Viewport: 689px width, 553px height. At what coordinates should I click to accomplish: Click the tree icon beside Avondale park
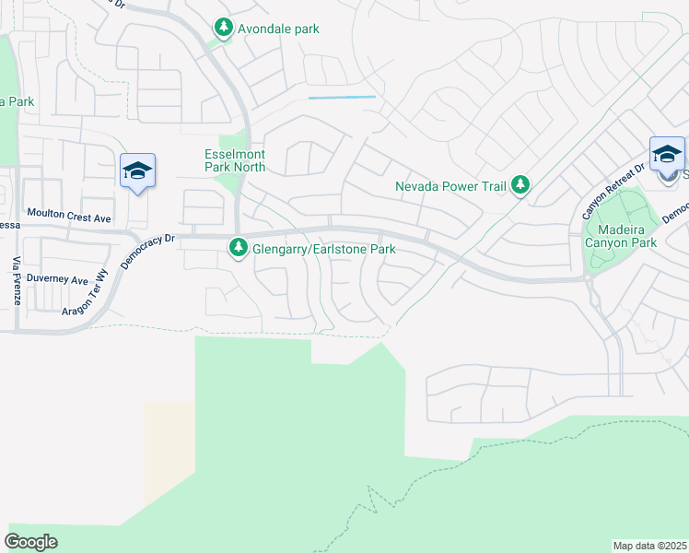click(x=223, y=29)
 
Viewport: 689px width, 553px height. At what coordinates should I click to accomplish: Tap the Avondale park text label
click(x=278, y=29)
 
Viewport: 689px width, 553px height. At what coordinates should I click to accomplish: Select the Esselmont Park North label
click(x=234, y=160)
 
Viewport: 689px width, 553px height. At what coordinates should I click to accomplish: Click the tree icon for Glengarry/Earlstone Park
click(x=239, y=249)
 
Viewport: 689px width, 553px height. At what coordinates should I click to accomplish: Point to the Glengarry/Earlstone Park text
click(x=324, y=249)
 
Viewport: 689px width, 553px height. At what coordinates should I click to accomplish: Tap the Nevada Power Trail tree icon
click(x=520, y=185)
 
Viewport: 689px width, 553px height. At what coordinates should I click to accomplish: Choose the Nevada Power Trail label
click(x=451, y=186)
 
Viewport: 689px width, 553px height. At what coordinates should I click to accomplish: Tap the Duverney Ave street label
click(x=57, y=279)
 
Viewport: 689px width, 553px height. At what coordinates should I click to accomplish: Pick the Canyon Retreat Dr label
click(x=613, y=191)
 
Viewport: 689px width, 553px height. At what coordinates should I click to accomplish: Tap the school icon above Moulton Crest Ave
click(x=137, y=171)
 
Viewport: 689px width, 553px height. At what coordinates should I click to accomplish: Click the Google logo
click(x=31, y=542)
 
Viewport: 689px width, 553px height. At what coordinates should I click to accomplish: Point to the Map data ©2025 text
click(x=649, y=545)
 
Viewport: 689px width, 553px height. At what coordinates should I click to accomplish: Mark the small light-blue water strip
click(x=342, y=97)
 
